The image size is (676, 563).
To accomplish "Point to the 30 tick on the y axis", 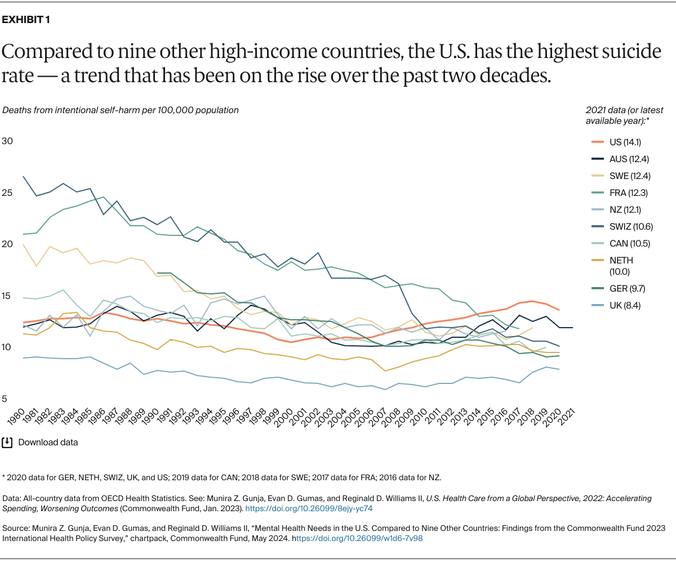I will point(7,141).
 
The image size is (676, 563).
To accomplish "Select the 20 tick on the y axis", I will point(7,244).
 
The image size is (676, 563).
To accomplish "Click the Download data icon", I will point(7,443).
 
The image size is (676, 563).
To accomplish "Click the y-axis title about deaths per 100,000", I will point(121,110).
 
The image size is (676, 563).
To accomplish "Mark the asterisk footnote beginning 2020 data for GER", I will point(221,477).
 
